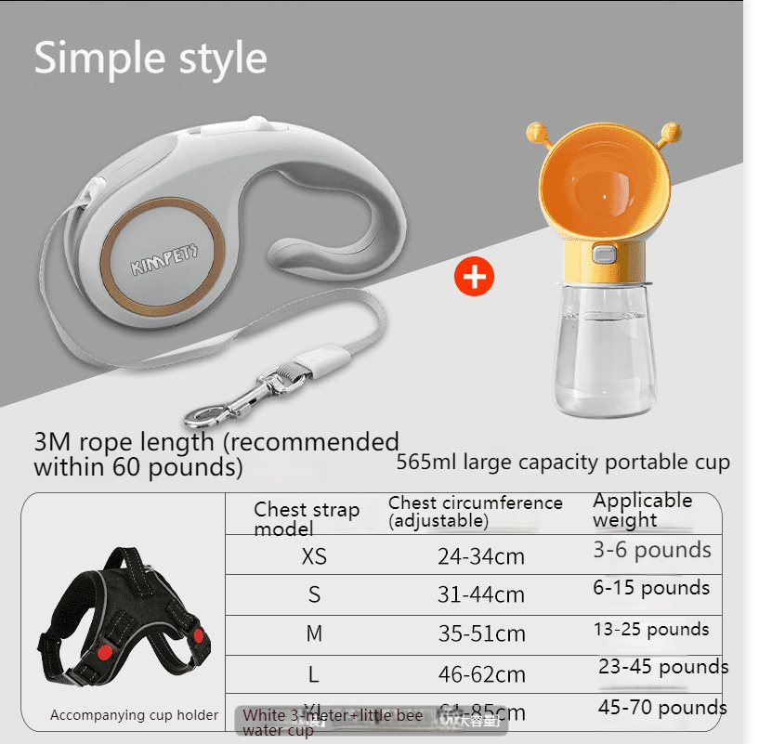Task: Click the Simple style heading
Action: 150,59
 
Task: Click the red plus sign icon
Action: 475,277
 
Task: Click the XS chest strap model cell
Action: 315,556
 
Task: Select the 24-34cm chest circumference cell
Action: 481,557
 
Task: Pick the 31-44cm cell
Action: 481,595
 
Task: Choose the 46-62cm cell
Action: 481,675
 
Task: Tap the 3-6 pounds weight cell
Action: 652,550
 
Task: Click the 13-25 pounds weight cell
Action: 651,630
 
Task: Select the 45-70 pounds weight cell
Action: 662,708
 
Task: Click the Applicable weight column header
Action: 642,510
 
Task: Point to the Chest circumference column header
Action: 475,512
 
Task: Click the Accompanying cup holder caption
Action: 134,715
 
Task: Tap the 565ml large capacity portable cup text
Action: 563,463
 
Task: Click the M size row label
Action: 314,634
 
